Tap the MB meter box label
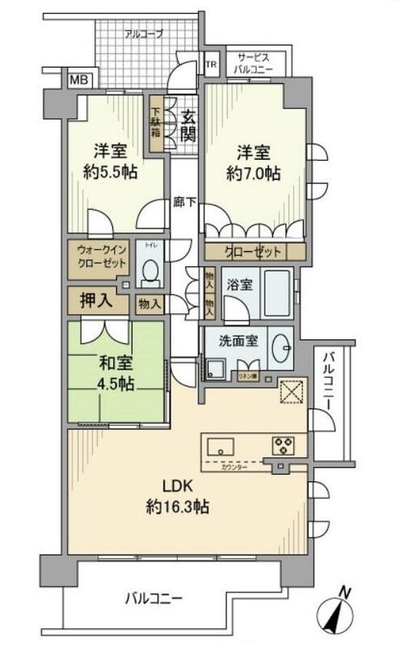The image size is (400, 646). [78, 80]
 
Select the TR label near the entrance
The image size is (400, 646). [211, 65]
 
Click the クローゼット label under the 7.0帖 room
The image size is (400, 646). [255, 252]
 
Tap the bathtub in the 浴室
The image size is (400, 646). [272, 296]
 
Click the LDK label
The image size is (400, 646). [177, 489]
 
